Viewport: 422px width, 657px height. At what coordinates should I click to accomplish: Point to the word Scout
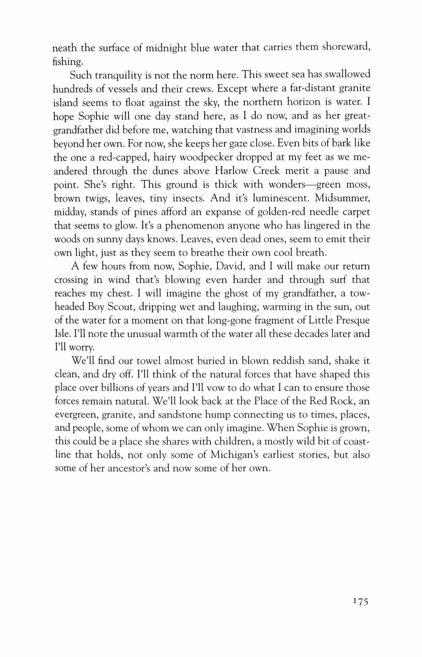click(115, 307)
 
